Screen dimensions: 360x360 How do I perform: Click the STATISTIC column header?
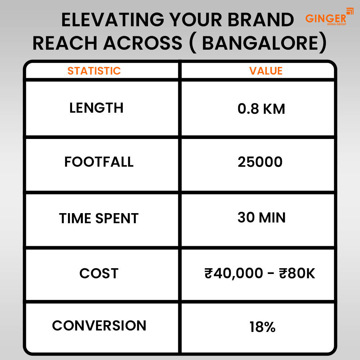[x=94, y=71]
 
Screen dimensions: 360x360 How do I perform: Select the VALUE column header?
[x=266, y=71]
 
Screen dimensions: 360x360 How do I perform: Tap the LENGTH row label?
[x=96, y=108]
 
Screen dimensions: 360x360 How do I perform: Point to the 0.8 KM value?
[x=261, y=109]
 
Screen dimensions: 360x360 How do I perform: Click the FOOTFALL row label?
[x=99, y=162]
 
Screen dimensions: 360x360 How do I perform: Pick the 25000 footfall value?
[x=260, y=162]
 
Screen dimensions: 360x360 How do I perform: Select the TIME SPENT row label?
[x=99, y=218]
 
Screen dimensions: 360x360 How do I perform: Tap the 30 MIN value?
[x=261, y=217]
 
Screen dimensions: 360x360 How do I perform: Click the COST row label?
[x=99, y=273]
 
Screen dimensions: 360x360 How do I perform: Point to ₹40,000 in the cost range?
[x=234, y=274]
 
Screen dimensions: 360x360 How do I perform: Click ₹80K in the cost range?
[x=297, y=273]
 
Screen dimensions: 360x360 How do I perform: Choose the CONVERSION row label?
[x=99, y=325]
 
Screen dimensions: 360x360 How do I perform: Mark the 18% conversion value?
[x=262, y=327]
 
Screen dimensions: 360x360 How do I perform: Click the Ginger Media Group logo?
[x=329, y=17]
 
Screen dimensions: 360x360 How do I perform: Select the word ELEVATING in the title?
[x=113, y=20]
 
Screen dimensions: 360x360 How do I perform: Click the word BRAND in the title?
[x=261, y=20]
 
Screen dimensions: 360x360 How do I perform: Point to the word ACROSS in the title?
[x=143, y=43]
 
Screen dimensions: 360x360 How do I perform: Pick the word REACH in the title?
[x=65, y=43]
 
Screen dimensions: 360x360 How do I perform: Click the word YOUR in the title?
[x=195, y=20]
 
